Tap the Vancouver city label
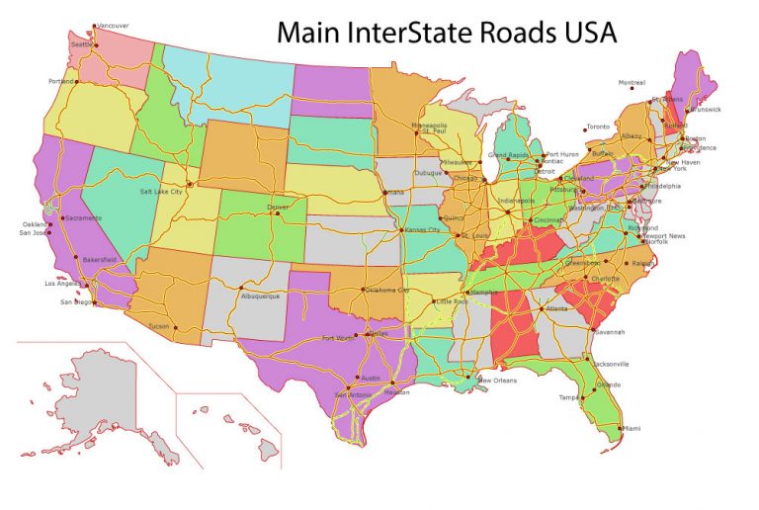[x=113, y=26]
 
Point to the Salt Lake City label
[x=161, y=191]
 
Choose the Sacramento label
[x=85, y=217]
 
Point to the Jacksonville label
[x=609, y=364]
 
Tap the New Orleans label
[x=498, y=381]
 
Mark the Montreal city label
[x=631, y=82]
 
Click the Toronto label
[x=598, y=127]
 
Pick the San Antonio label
[x=354, y=394]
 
